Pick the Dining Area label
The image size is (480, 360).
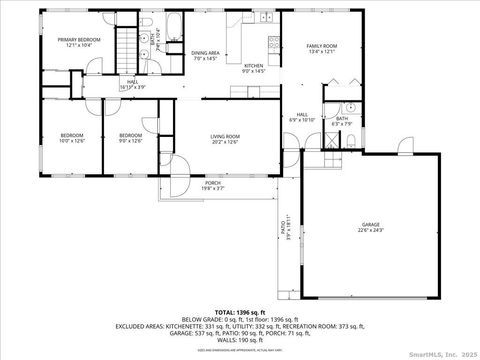205,54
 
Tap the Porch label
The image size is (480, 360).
213,184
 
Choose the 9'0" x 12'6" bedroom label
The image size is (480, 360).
130,138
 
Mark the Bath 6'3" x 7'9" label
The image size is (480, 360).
343,121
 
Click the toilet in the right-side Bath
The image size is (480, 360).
351,108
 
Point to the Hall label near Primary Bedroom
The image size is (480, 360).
132,85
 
